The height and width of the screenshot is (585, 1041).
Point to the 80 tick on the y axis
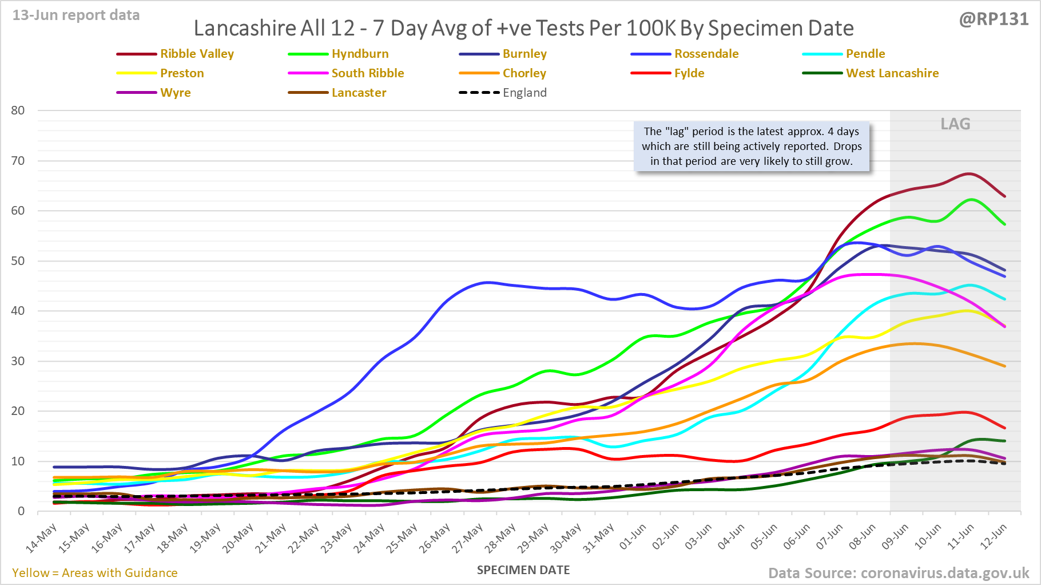pyautogui.click(x=18, y=110)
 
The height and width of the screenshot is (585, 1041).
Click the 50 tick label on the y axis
pyautogui.click(x=18, y=261)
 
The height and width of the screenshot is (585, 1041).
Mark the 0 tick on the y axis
pyautogui.click(x=21, y=511)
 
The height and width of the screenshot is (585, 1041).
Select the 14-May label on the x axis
pyautogui.click(x=42, y=538)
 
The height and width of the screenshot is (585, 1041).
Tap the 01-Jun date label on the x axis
pyautogui.click(x=633, y=537)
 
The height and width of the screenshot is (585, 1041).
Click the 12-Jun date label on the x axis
pyautogui.click(x=994, y=537)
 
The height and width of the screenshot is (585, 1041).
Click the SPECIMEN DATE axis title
pyautogui.click(x=523, y=570)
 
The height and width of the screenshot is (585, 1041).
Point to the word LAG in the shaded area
pyautogui.click(x=955, y=124)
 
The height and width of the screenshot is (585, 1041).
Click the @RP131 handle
pyautogui.click(x=994, y=19)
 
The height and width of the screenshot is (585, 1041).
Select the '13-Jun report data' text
pyautogui.click(x=76, y=15)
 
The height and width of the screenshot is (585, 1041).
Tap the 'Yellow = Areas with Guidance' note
pyautogui.click(x=95, y=573)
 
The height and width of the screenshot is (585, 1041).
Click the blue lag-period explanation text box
pyautogui.click(x=752, y=147)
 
